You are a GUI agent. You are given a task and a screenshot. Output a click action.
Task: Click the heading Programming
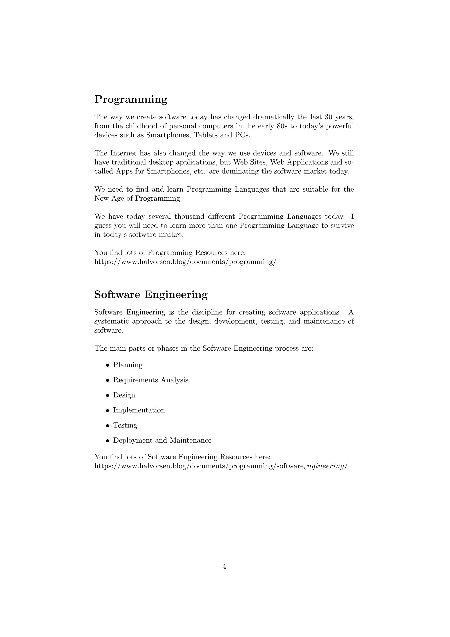(x=131, y=99)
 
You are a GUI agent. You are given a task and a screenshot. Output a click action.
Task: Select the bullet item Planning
(x=128, y=365)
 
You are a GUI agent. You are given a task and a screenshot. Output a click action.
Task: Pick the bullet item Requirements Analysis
(x=151, y=380)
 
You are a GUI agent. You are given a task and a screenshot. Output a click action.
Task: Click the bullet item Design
(x=124, y=395)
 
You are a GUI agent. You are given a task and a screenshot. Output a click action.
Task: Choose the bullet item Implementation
(x=139, y=410)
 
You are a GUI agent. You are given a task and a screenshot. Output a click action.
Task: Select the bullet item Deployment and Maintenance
(x=162, y=441)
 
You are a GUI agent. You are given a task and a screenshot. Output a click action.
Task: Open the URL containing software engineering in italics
(x=221, y=466)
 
